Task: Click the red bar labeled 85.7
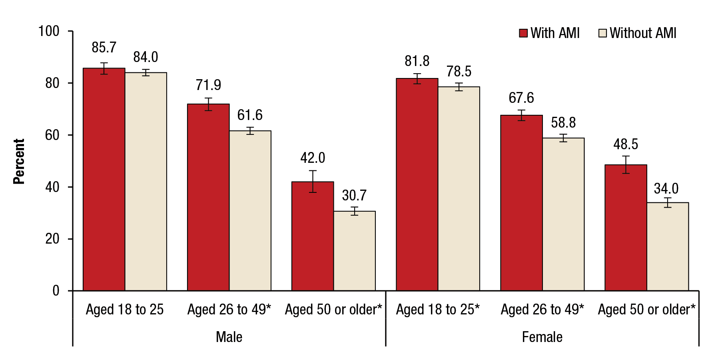coord(104,180)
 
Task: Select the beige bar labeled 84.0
coord(146,182)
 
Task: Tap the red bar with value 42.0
coord(313,236)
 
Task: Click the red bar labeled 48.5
coord(626,228)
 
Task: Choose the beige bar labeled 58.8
coord(563,214)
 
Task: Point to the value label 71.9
coord(208,85)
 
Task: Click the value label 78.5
coord(459,72)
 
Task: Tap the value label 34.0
coord(666,188)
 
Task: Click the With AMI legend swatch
coord(523,33)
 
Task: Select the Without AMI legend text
coord(643,33)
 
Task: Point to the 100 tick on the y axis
coord(49,31)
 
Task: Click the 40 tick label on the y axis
coord(52,187)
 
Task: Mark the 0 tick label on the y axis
coord(56,291)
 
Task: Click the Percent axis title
coord(19,161)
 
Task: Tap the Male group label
coord(229,337)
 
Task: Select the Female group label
coord(542,337)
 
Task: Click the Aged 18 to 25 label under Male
coord(125,310)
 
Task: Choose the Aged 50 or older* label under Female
coord(646,310)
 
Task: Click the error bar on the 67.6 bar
coord(521,115)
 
